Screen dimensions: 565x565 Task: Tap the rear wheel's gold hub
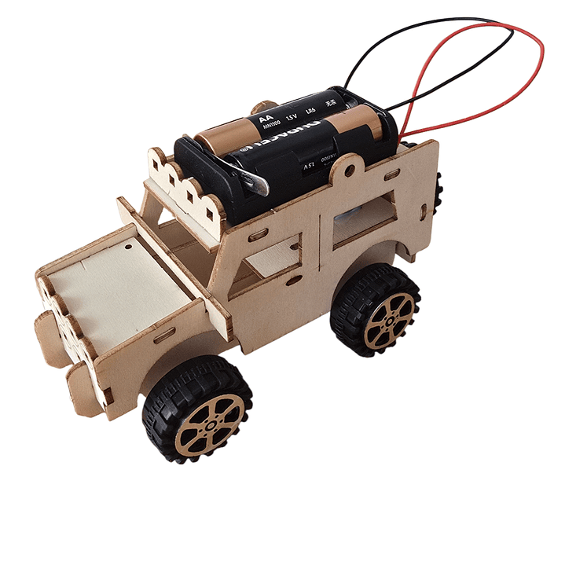[389, 318]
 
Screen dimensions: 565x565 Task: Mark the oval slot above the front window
[257, 234]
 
